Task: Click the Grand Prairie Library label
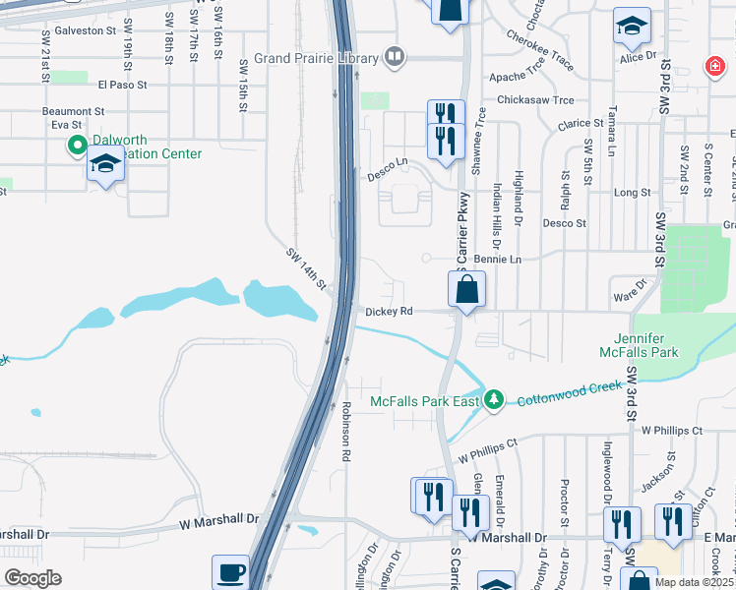coord(317,58)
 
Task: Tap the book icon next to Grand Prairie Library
coord(395,56)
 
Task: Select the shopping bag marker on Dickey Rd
coord(466,290)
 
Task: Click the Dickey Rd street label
coord(388,312)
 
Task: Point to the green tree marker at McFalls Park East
coord(493,399)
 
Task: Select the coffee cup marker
coord(230,572)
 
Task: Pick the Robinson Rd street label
coord(346,432)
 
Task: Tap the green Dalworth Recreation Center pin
coord(77,147)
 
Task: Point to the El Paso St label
coord(123,85)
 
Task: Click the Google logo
coord(32,578)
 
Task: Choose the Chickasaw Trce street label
coord(535,100)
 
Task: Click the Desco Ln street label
coord(387,162)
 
